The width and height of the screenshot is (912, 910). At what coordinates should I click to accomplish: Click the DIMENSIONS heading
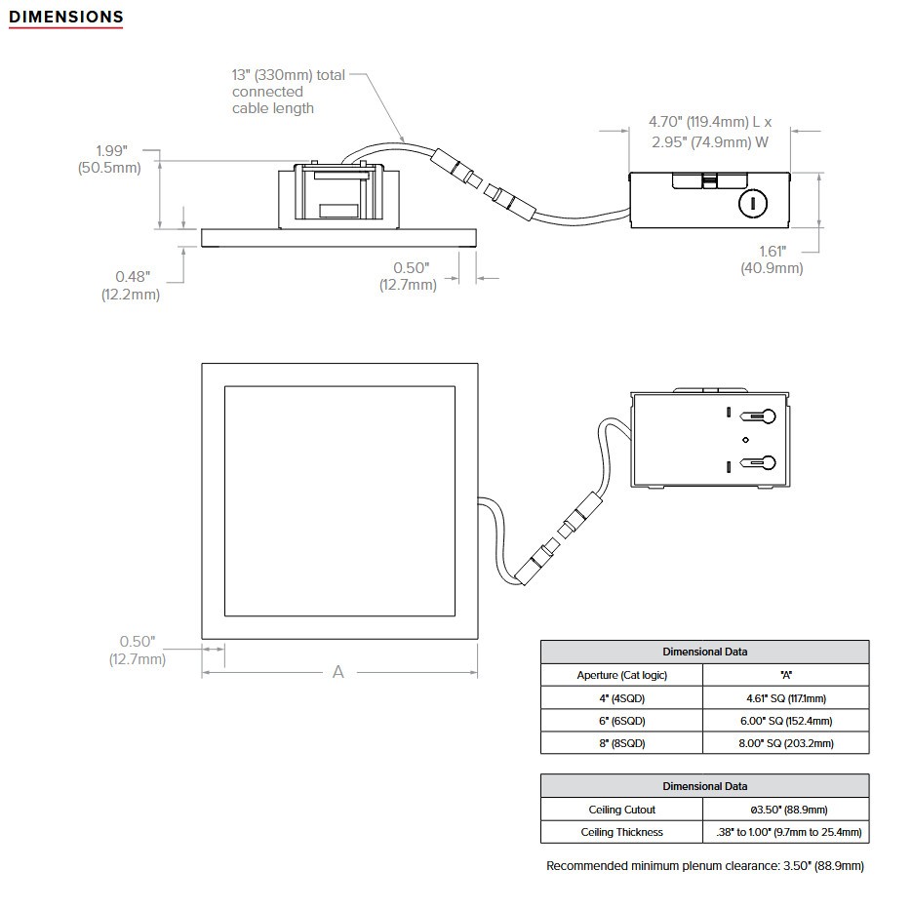tap(65, 17)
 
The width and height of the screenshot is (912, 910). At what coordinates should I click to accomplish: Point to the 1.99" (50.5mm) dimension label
tap(109, 159)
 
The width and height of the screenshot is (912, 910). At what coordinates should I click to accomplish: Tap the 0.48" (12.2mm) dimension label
tap(131, 286)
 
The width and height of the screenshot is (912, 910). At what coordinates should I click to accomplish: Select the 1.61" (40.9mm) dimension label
tap(772, 259)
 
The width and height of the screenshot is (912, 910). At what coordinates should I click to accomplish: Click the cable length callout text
tap(289, 92)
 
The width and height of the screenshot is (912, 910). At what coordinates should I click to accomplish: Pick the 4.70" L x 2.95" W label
tap(709, 132)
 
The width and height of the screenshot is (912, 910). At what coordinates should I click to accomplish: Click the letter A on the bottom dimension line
tap(337, 672)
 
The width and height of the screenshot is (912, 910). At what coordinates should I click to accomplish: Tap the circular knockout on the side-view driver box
tap(753, 204)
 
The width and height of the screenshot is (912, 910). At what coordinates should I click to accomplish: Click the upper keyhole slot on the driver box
tap(758, 416)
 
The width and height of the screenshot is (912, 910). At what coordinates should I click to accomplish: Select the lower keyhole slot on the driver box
tap(758, 463)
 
